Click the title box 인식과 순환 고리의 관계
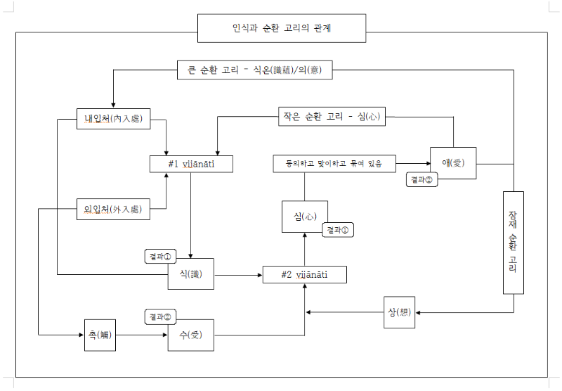pyautogui.click(x=281, y=29)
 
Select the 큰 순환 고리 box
pyautogui.click(x=254, y=70)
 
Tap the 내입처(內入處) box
pyautogui.click(x=112, y=119)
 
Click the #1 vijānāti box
pyautogui.click(x=191, y=164)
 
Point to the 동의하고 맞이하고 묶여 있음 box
pyautogui.click(x=334, y=164)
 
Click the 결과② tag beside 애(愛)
pyautogui.click(x=423, y=180)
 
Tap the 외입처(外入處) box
pyautogui.click(x=112, y=210)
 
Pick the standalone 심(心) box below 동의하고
pyautogui.click(x=304, y=217)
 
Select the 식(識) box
pyautogui.click(x=190, y=274)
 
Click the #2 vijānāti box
pyautogui.click(x=304, y=274)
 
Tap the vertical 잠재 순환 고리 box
pyautogui.click(x=513, y=242)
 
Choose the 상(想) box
pyautogui.click(x=400, y=312)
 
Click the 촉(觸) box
pyautogui.click(x=96, y=335)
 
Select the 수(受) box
pyautogui.click(x=190, y=335)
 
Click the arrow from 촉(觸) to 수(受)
pyautogui.click(x=140, y=335)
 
